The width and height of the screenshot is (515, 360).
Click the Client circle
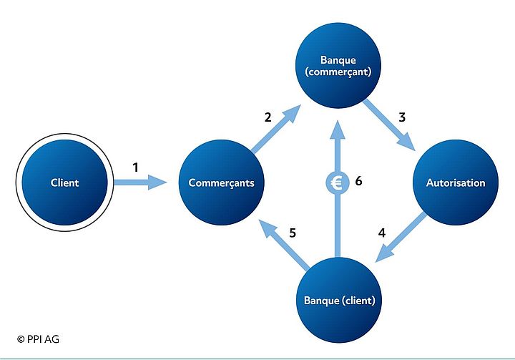click(64, 183)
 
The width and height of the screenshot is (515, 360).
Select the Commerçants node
click(221, 183)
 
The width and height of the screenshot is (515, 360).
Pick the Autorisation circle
click(456, 183)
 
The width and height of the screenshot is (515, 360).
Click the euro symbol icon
click(336, 183)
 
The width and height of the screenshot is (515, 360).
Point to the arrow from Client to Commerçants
click(139, 183)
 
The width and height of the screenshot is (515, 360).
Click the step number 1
click(135, 167)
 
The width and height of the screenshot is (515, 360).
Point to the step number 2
click(268, 117)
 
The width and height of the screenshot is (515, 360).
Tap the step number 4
click(382, 233)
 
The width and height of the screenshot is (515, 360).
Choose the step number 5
click(292, 233)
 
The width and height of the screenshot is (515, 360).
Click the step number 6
click(358, 181)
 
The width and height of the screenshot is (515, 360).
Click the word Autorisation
click(456, 183)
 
